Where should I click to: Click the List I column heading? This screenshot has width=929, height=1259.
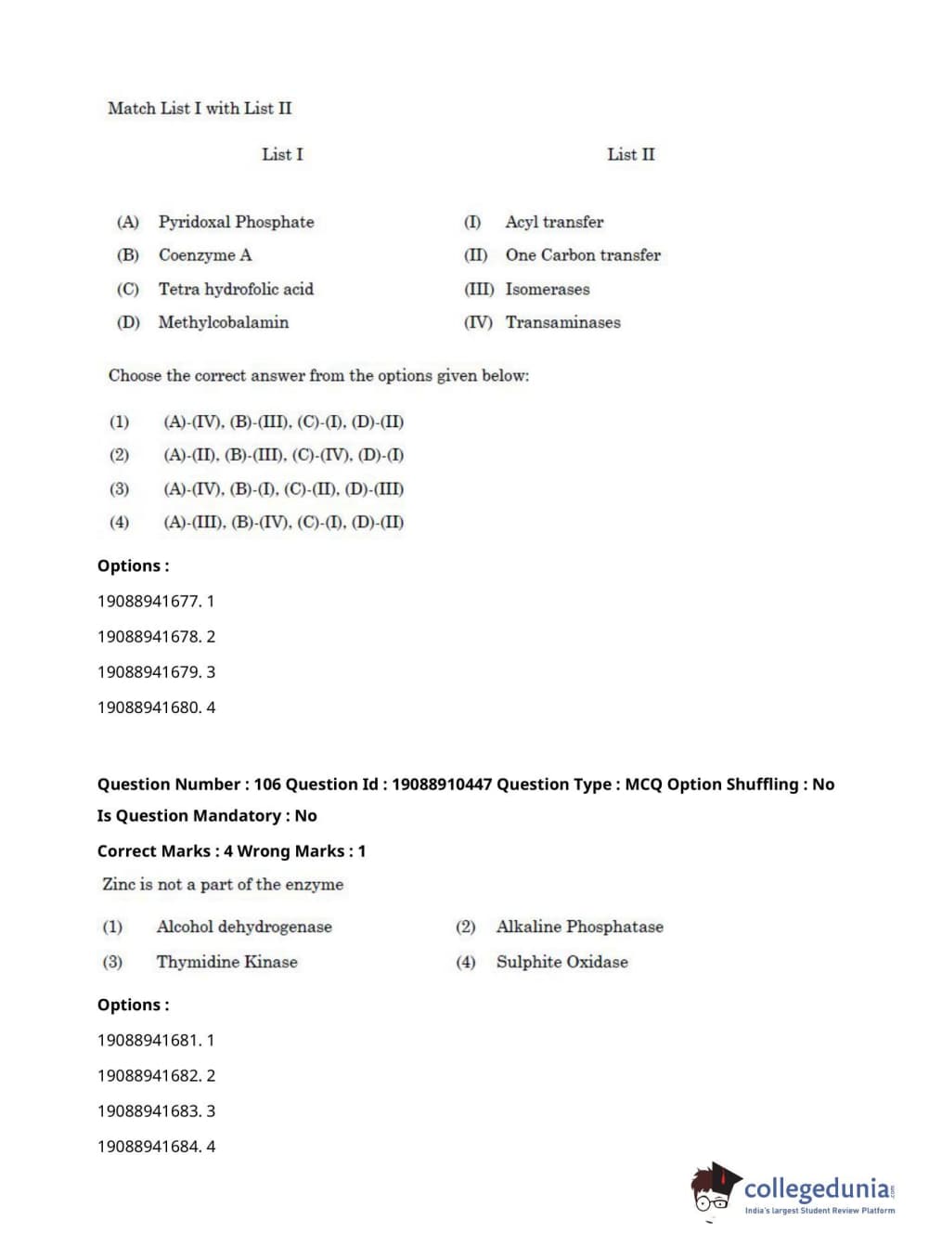pos(282,154)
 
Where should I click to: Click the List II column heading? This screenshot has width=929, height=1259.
pos(630,154)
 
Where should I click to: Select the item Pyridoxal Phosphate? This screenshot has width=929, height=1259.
pos(236,222)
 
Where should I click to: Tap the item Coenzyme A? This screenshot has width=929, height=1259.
pos(205,255)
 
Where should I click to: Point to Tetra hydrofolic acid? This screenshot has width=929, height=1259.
pos(236,289)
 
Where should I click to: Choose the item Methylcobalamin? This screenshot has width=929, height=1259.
pos(223,322)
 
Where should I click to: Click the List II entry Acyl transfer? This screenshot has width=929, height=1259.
pos(554,222)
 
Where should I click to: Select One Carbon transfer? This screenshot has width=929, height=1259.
pos(583,255)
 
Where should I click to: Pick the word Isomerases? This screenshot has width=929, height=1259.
pos(548,289)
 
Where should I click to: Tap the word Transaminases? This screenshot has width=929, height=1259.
pos(562,322)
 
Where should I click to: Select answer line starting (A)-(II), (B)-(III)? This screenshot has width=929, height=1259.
pos(283,455)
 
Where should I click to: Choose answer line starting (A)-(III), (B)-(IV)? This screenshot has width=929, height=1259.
pos(283,522)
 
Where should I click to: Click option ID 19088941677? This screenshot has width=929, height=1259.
pos(148,602)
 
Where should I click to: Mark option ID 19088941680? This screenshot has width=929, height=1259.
pos(148,707)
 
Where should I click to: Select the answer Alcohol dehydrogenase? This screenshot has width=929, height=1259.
pos(244,927)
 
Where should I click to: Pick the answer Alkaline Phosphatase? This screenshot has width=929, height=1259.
pos(580,927)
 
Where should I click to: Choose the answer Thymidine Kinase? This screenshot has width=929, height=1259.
pos(227,962)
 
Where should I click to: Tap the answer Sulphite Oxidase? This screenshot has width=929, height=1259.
pos(562,962)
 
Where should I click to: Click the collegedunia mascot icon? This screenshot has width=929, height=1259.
pos(715,1188)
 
